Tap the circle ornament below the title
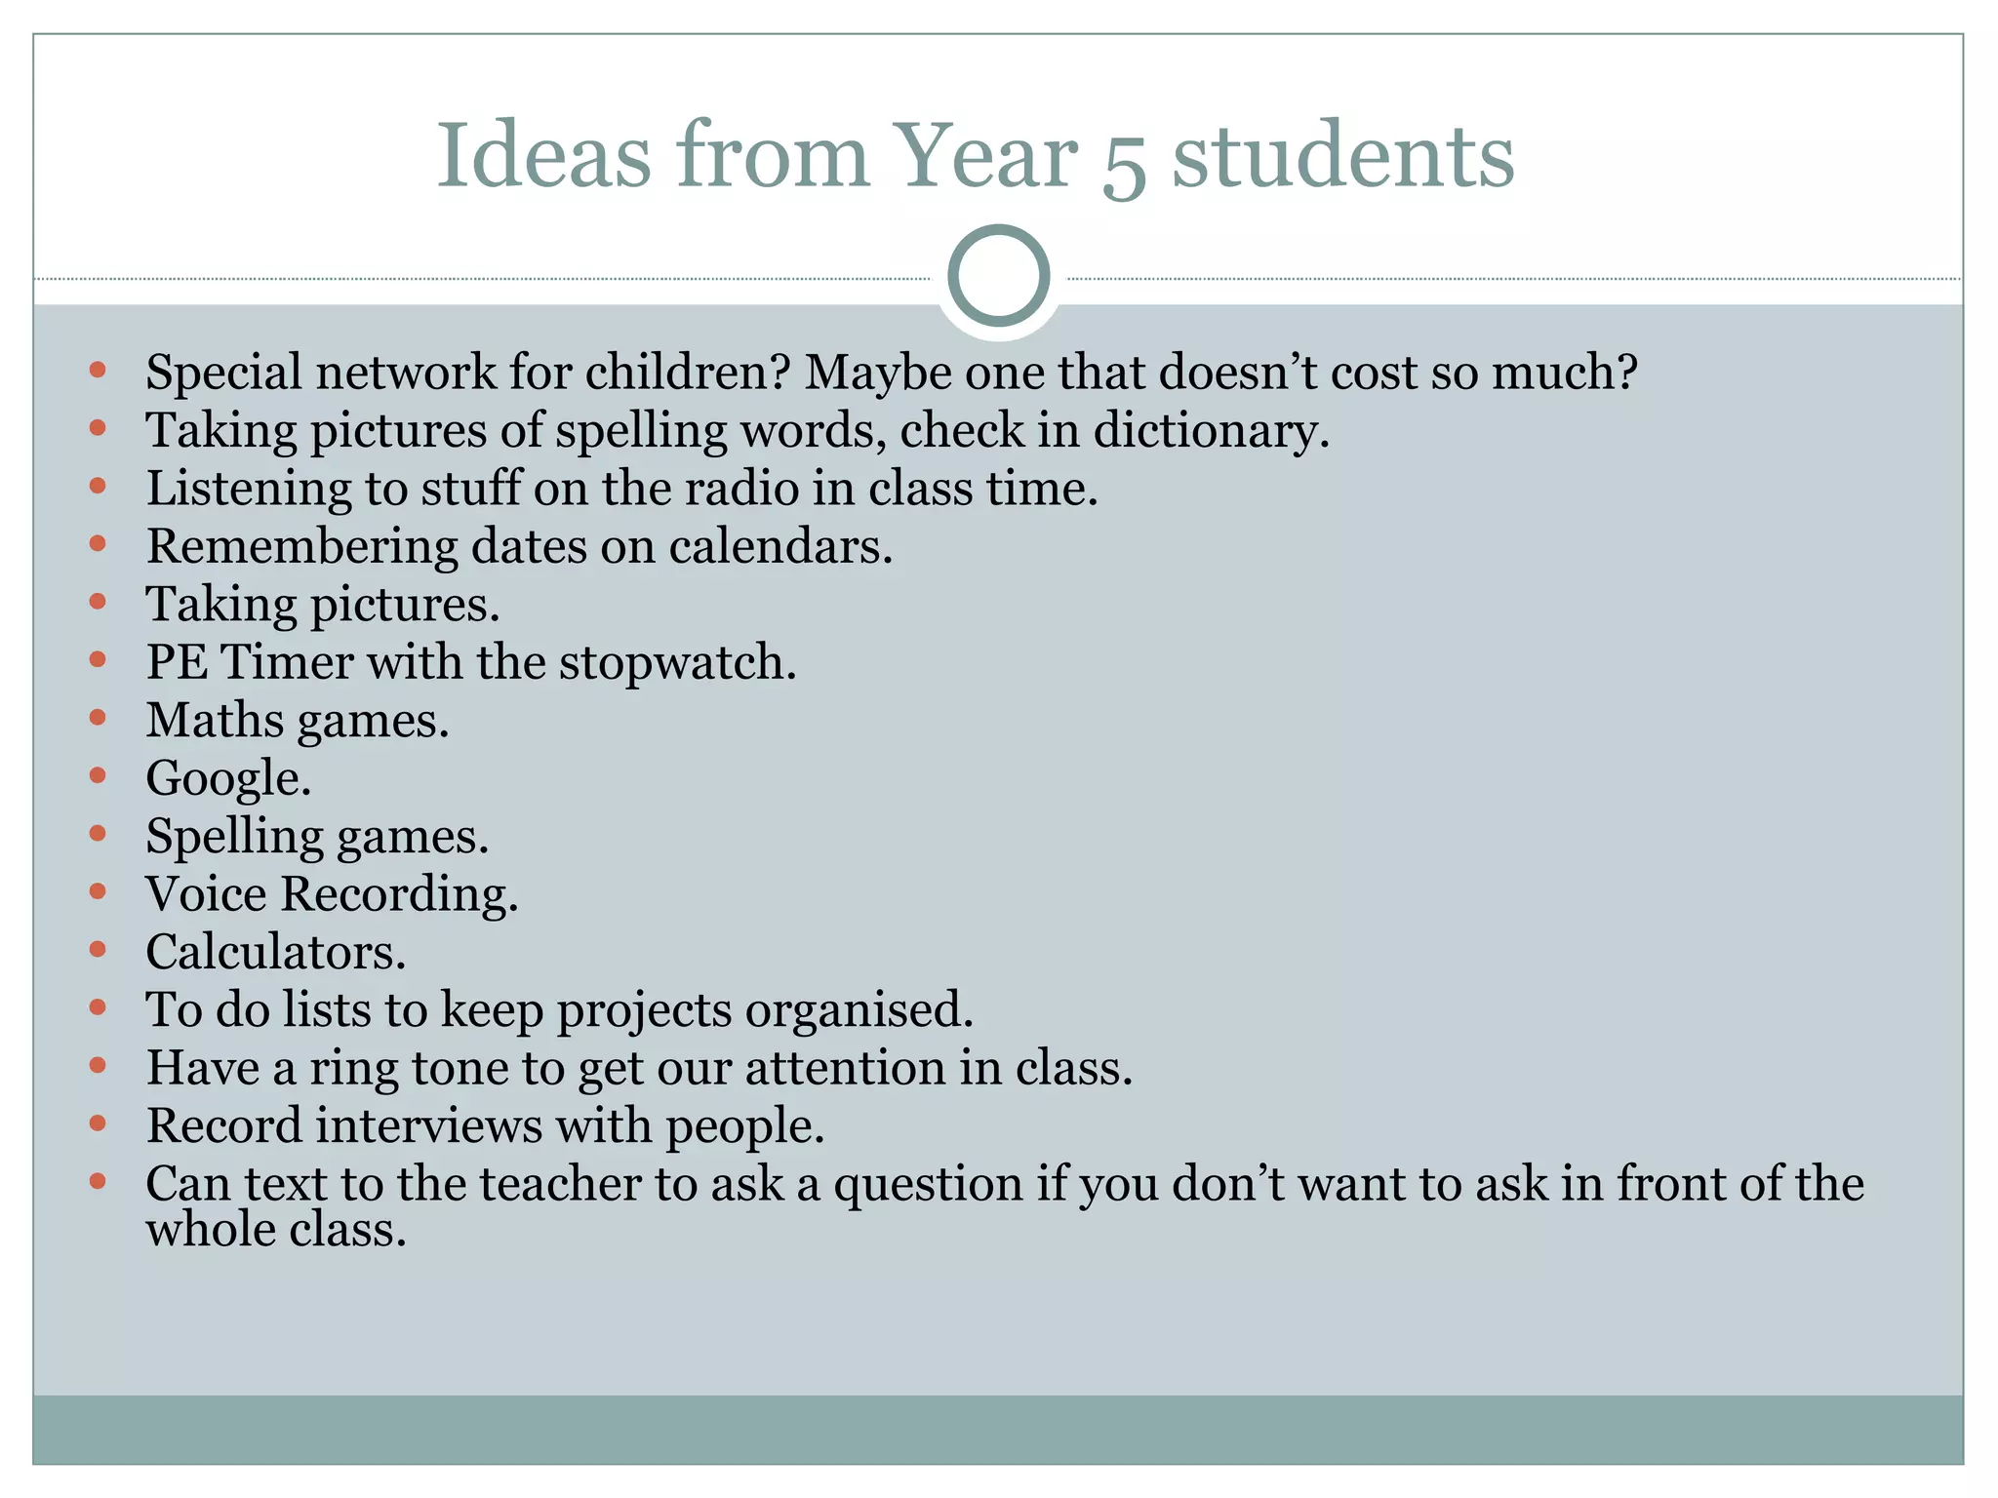click(x=998, y=276)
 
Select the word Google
click(x=226, y=779)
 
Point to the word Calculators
click(x=274, y=953)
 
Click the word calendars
click(x=779, y=547)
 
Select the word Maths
click(x=215, y=721)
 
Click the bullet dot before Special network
click(x=97, y=370)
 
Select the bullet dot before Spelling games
click(x=97, y=833)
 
